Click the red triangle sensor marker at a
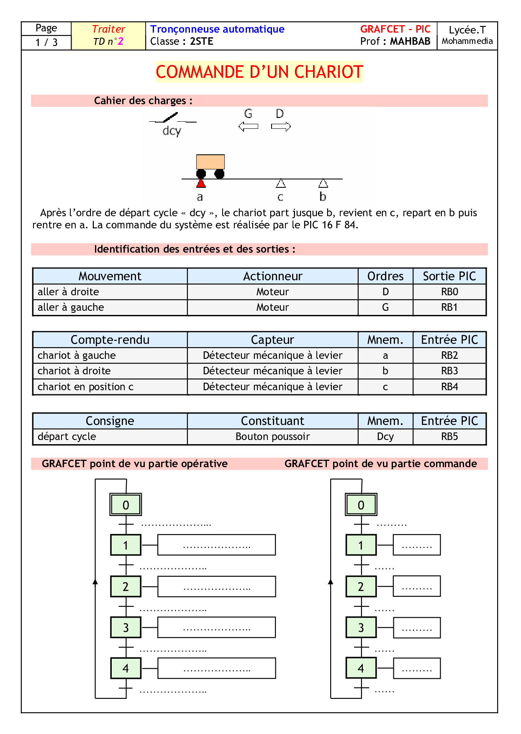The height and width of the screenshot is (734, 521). coord(201,183)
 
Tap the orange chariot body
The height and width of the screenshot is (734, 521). coord(210,162)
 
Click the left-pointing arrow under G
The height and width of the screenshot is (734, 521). coord(248,126)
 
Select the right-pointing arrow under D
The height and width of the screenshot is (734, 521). coord(281,126)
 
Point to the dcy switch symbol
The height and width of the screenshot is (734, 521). coord(172,119)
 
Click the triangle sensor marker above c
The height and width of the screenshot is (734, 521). coord(281,183)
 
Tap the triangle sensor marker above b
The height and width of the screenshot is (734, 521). coord(323,183)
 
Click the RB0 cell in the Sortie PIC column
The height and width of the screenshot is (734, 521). coord(449,292)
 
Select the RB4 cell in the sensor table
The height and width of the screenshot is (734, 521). coord(449,387)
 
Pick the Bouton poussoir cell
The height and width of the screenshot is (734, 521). coord(272,437)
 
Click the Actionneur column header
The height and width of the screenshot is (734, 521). coord(272,276)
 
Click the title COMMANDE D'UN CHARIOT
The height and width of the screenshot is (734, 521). coord(259,72)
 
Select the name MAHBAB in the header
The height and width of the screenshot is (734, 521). coord(410,41)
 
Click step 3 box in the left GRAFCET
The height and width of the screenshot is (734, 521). coord(126,627)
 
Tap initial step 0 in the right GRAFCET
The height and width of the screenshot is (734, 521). coord(361,505)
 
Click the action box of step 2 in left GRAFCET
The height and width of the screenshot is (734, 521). coord(216,586)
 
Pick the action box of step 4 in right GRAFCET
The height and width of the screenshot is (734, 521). coord(417,668)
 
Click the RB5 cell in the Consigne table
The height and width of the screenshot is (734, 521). coord(449,437)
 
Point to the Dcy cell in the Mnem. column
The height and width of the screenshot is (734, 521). coord(385,437)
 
